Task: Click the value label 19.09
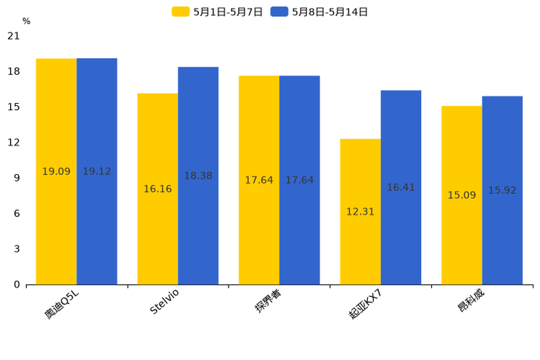(x=56, y=172)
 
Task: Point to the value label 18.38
(x=198, y=176)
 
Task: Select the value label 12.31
(x=360, y=212)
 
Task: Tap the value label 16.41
(x=401, y=187)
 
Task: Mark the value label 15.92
(x=502, y=191)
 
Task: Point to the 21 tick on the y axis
(x=14, y=36)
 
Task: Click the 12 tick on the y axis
(x=14, y=142)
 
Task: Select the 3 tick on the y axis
(x=17, y=249)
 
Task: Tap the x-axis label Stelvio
(x=165, y=301)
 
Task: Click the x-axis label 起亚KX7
(x=365, y=303)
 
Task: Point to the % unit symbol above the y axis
(x=26, y=21)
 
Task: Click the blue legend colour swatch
(x=279, y=12)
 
